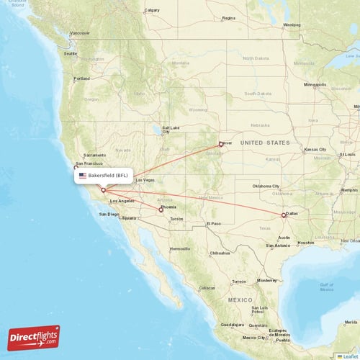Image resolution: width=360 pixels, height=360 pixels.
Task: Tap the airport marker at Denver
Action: tap(221, 144)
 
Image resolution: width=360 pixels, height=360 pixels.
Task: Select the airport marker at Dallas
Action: tap(284, 215)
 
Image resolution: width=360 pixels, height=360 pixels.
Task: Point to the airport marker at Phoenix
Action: tap(161, 210)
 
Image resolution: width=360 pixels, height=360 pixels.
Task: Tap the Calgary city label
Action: tap(151, 10)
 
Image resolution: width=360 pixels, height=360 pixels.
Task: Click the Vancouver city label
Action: tap(80, 33)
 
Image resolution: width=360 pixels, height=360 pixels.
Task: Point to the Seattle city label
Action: tap(70, 53)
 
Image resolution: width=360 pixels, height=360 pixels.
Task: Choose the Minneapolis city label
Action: tap(315, 85)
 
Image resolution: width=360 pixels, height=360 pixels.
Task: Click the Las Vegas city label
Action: tap(145, 179)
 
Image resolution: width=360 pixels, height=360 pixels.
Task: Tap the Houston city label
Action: tap(305, 243)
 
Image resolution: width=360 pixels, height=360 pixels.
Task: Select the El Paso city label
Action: tap(214, 224)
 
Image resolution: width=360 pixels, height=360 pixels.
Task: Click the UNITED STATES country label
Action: tap(264, 143)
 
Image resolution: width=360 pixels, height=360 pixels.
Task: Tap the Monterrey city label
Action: tap(266, 280)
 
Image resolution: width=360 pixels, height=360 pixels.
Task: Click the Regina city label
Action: tap(229, 17)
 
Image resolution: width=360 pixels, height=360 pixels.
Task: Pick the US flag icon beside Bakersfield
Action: tap(83, 175)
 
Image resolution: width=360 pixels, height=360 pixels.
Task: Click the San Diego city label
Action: tap(109, 214)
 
